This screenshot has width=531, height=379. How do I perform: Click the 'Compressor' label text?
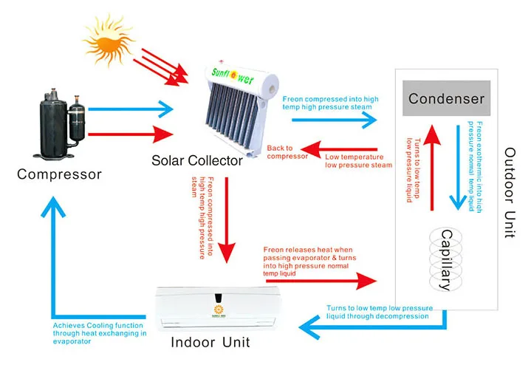pyautogui.click(x=59, y=174)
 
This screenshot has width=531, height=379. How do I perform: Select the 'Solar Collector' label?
pyautogui.click(x=197, y=160)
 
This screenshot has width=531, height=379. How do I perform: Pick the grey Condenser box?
pyautogui.click(x=446, y=98)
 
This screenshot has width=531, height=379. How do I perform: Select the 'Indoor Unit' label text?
pyautogui.click(x=210, y=342)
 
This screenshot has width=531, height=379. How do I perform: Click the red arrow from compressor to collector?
pyautogui.click(x=123, y=134)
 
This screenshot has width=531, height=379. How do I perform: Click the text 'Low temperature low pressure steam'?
pyautogui.click(x=358, y=160)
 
